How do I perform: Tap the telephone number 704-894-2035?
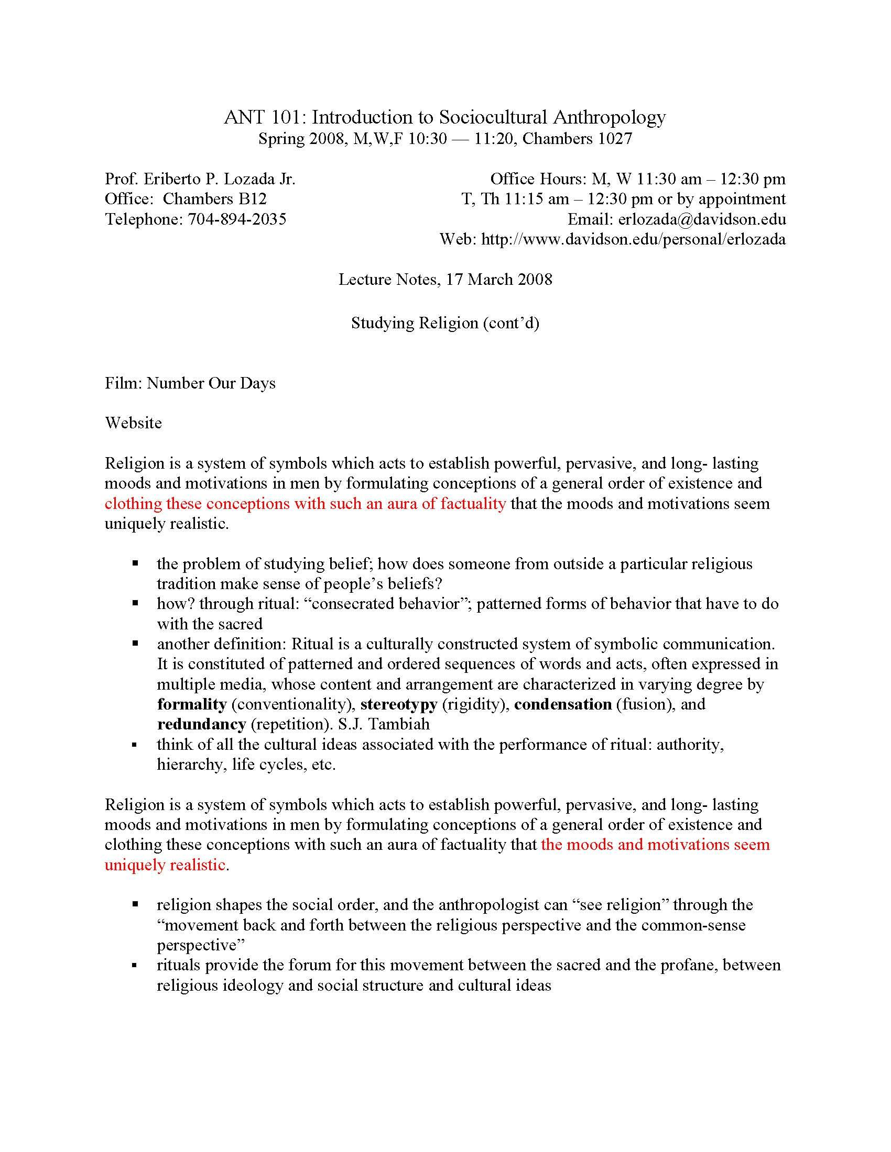point(237,219)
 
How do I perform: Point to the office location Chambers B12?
point(214,199)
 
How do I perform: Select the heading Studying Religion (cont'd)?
point(445,322)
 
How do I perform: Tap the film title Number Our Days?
point(211,383)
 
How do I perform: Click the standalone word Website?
point(134,423)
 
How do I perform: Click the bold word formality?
point(192,704)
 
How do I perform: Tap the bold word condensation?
point(563,704)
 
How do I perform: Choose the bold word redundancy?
point(202,724)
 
